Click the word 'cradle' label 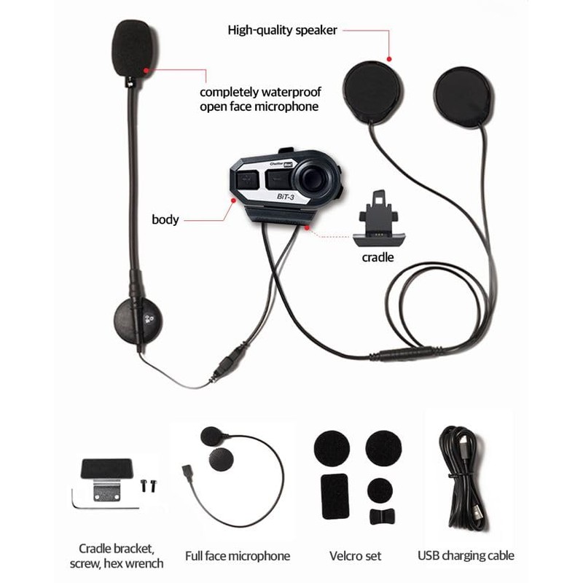click(x=378, y=257)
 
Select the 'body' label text click(x=165, y=219)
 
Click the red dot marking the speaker click(x=390, y=60)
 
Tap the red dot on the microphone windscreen click(x=149, y=70)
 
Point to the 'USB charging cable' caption click(x=466, y=556)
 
